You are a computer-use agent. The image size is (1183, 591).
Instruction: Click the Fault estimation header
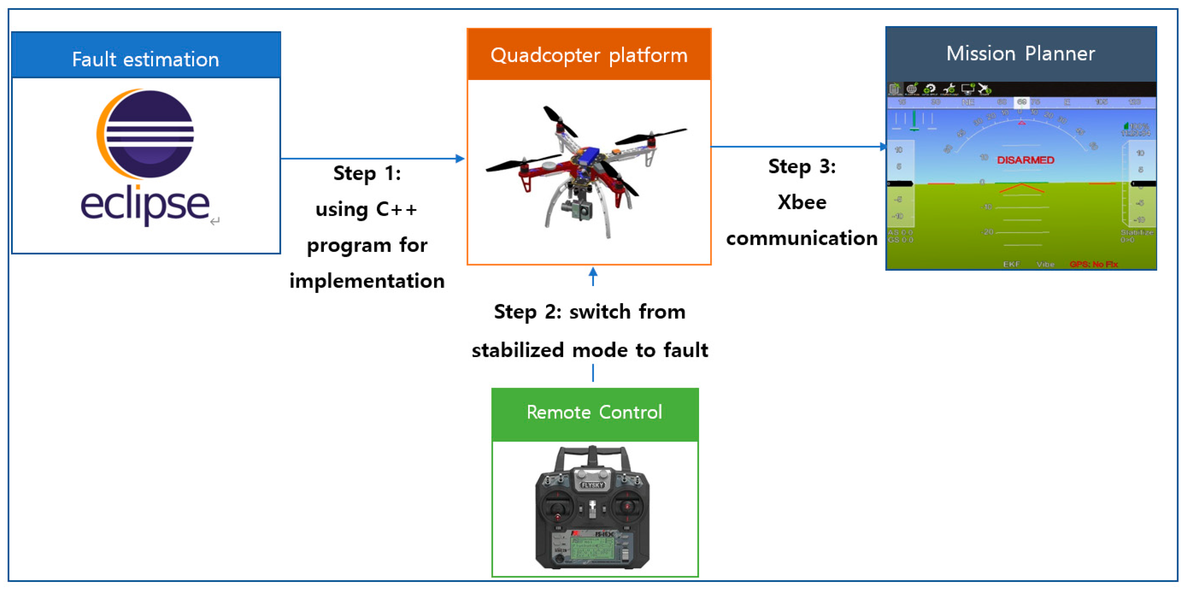tap(145, 59)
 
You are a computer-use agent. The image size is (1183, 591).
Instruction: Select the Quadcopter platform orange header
tap(589, 55)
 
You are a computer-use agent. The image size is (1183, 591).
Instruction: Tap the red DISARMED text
tap(1025, 160)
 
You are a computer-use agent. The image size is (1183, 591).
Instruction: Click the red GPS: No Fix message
tap(1093, 264)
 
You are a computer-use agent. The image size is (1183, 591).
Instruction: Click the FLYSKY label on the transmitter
tap(592, 485)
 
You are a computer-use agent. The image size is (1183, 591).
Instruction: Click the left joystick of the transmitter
tap(558, 507)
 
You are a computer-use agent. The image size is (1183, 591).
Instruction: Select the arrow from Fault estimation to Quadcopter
tap(372, 159)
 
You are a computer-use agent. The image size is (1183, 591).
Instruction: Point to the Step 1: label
tap(367, 174)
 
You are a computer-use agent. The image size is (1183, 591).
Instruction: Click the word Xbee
tap(802, 203)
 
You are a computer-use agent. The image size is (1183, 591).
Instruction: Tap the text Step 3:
tap(802, 166)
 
